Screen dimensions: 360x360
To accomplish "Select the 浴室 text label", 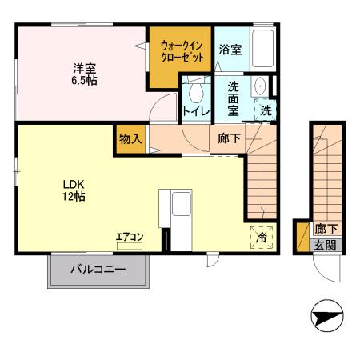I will [x=231, y=49].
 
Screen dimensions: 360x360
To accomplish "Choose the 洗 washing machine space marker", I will [x=266, y=110].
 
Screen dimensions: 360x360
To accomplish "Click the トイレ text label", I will [x=196, y=111].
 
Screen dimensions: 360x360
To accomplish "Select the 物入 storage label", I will [x=130, y=138].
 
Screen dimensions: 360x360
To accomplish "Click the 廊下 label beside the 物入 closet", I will [x=229, y=138].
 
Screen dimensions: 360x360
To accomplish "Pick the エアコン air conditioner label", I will [x=129, y=236].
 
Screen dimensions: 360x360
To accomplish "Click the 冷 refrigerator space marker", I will [x=262, y=237].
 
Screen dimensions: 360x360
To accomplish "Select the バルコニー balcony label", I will [x=98, y=270].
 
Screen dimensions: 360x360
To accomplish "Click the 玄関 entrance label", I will [x=325, y=246].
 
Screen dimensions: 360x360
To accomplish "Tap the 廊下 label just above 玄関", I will [x=325, y=229].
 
